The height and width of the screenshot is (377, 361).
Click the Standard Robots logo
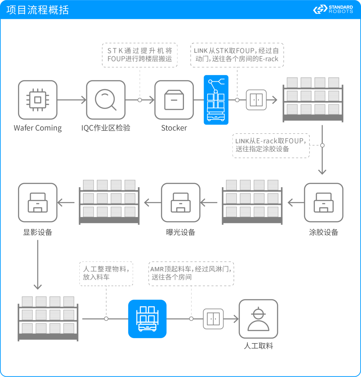[333, 9]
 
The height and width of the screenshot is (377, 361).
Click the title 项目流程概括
[37, 10]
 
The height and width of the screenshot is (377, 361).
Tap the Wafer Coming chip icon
[38, 100]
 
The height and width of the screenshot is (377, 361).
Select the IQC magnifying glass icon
[106, 100]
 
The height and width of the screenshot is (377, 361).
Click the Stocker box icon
[174, 100]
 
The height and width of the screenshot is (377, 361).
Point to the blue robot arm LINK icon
[216, 100]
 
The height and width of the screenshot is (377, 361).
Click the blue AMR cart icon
[147, 319]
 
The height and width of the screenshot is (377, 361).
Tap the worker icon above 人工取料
[258, 319]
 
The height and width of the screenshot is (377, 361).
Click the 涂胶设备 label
[324, 232]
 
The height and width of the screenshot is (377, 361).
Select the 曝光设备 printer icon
[180, 203]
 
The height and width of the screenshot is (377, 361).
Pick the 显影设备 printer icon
[38, 203]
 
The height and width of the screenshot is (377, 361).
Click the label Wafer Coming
[38, 128]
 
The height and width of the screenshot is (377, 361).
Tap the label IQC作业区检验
[106, 128]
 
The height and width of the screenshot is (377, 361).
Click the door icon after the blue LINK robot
[256, 100]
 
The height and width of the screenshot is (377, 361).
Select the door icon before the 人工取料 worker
[213, 319]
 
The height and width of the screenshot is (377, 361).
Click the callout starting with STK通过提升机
[139, 55]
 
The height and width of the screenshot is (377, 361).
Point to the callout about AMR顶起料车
[191, 273]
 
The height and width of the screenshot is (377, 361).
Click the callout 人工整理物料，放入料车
[106, 273]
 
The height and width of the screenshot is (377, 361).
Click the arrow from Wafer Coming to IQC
[72, 100]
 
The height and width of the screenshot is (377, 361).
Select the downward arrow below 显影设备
[38, 265]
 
